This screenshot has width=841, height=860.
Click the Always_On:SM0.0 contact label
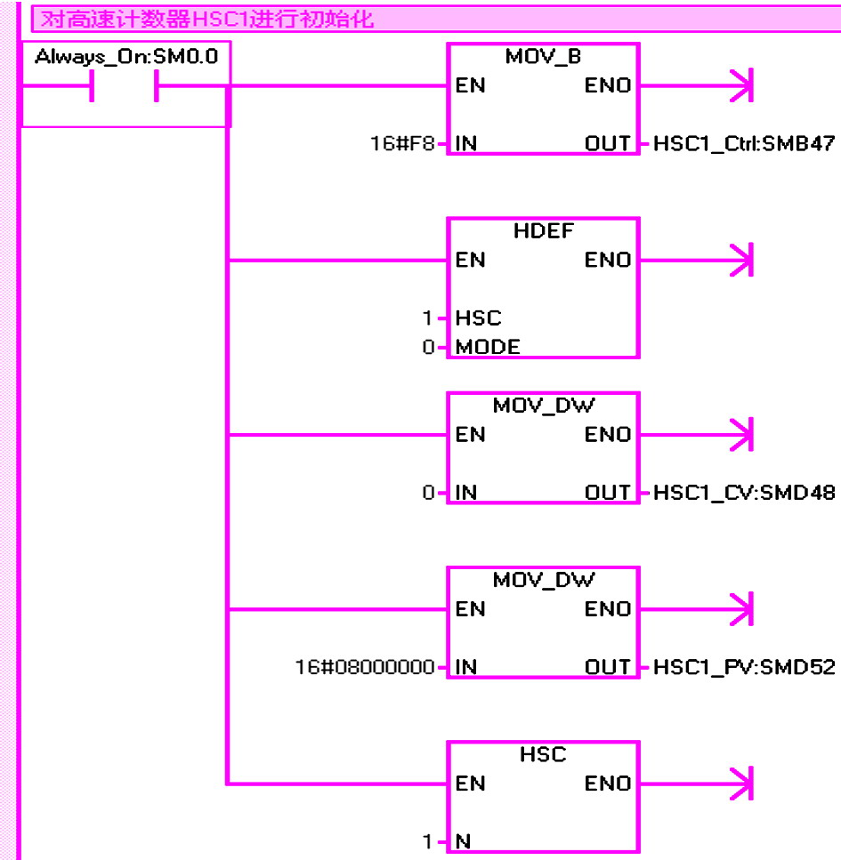coord(126,57)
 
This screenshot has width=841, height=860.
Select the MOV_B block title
coord(543,57)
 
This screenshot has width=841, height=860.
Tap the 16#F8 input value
coord(402,144)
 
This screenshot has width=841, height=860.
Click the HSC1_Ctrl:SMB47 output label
coord(744,144)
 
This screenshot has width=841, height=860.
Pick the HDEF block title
coord(544,231)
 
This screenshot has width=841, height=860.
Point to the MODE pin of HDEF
coord(488,347)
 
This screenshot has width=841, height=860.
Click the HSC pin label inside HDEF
coord(478,318)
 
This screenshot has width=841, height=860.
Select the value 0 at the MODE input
coord(428,347)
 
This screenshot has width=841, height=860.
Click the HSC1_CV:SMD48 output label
coord(744,493)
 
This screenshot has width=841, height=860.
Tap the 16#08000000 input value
coord(365,667)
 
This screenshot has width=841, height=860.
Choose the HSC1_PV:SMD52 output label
coord(744,667)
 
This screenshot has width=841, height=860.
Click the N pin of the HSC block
coord(464,841)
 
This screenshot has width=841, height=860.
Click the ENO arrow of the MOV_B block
coord(697,85)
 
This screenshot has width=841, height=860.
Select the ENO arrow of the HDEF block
coord(697,260)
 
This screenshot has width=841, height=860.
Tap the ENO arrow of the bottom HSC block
coord(697,784)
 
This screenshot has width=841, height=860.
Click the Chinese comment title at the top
coord(207,20)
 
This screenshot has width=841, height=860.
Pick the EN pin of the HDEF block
coord(471,260)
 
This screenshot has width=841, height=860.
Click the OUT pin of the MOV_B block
coord(608,144)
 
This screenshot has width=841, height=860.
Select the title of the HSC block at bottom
coord(543,754)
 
